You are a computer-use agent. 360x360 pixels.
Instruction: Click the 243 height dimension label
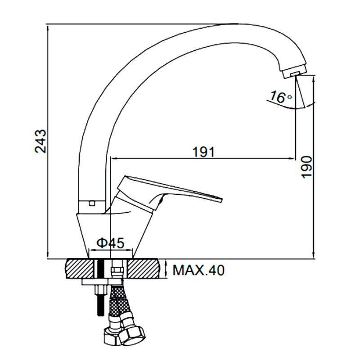(40, 141)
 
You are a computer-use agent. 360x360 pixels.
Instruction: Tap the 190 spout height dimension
(307, 167)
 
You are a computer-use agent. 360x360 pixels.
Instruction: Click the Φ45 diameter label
(110, 243)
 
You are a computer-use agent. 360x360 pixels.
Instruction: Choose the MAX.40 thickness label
(199, 270)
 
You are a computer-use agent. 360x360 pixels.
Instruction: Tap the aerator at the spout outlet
(294, 74)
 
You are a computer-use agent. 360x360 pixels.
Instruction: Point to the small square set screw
(93, 203)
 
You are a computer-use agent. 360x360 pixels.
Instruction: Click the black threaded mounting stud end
(100, 307)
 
